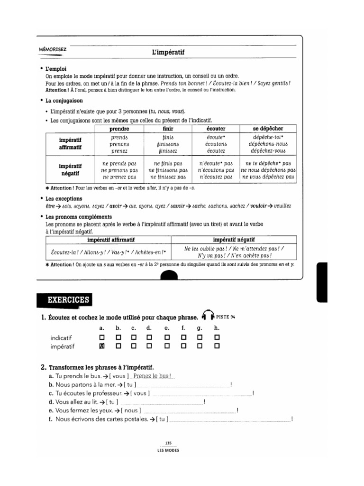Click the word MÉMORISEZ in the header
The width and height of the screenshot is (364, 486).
54,49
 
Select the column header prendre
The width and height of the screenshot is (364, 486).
119,129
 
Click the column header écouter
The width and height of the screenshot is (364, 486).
216,129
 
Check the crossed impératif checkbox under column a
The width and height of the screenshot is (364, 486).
101,346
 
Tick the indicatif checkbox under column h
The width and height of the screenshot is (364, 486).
217,337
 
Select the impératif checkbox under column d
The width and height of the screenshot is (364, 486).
149,346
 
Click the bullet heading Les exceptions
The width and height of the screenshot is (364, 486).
64,198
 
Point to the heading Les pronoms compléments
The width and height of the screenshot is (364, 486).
75,216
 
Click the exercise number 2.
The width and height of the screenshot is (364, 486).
43,367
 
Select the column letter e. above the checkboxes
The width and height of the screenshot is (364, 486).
166,328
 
